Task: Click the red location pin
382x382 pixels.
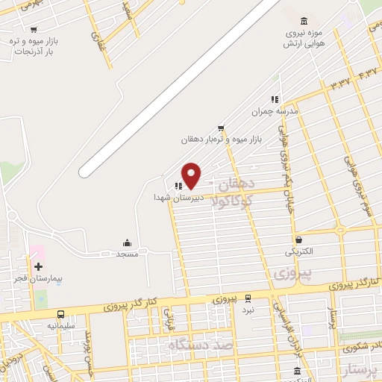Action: click(192, 175)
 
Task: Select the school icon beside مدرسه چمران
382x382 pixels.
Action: click(275, 98)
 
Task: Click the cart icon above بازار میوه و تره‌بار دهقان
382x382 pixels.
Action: click(220, 128)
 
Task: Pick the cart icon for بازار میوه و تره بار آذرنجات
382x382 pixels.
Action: click(34, 30)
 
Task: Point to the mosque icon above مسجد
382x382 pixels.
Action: click(128, 242)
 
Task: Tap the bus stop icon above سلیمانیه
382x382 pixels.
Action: click(60, 315)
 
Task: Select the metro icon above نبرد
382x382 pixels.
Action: click(248, 298)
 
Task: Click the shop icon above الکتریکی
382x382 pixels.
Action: click(299, 240)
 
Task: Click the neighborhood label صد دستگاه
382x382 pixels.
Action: click(201, 345)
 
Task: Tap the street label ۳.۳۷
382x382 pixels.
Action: click(338, 84)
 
